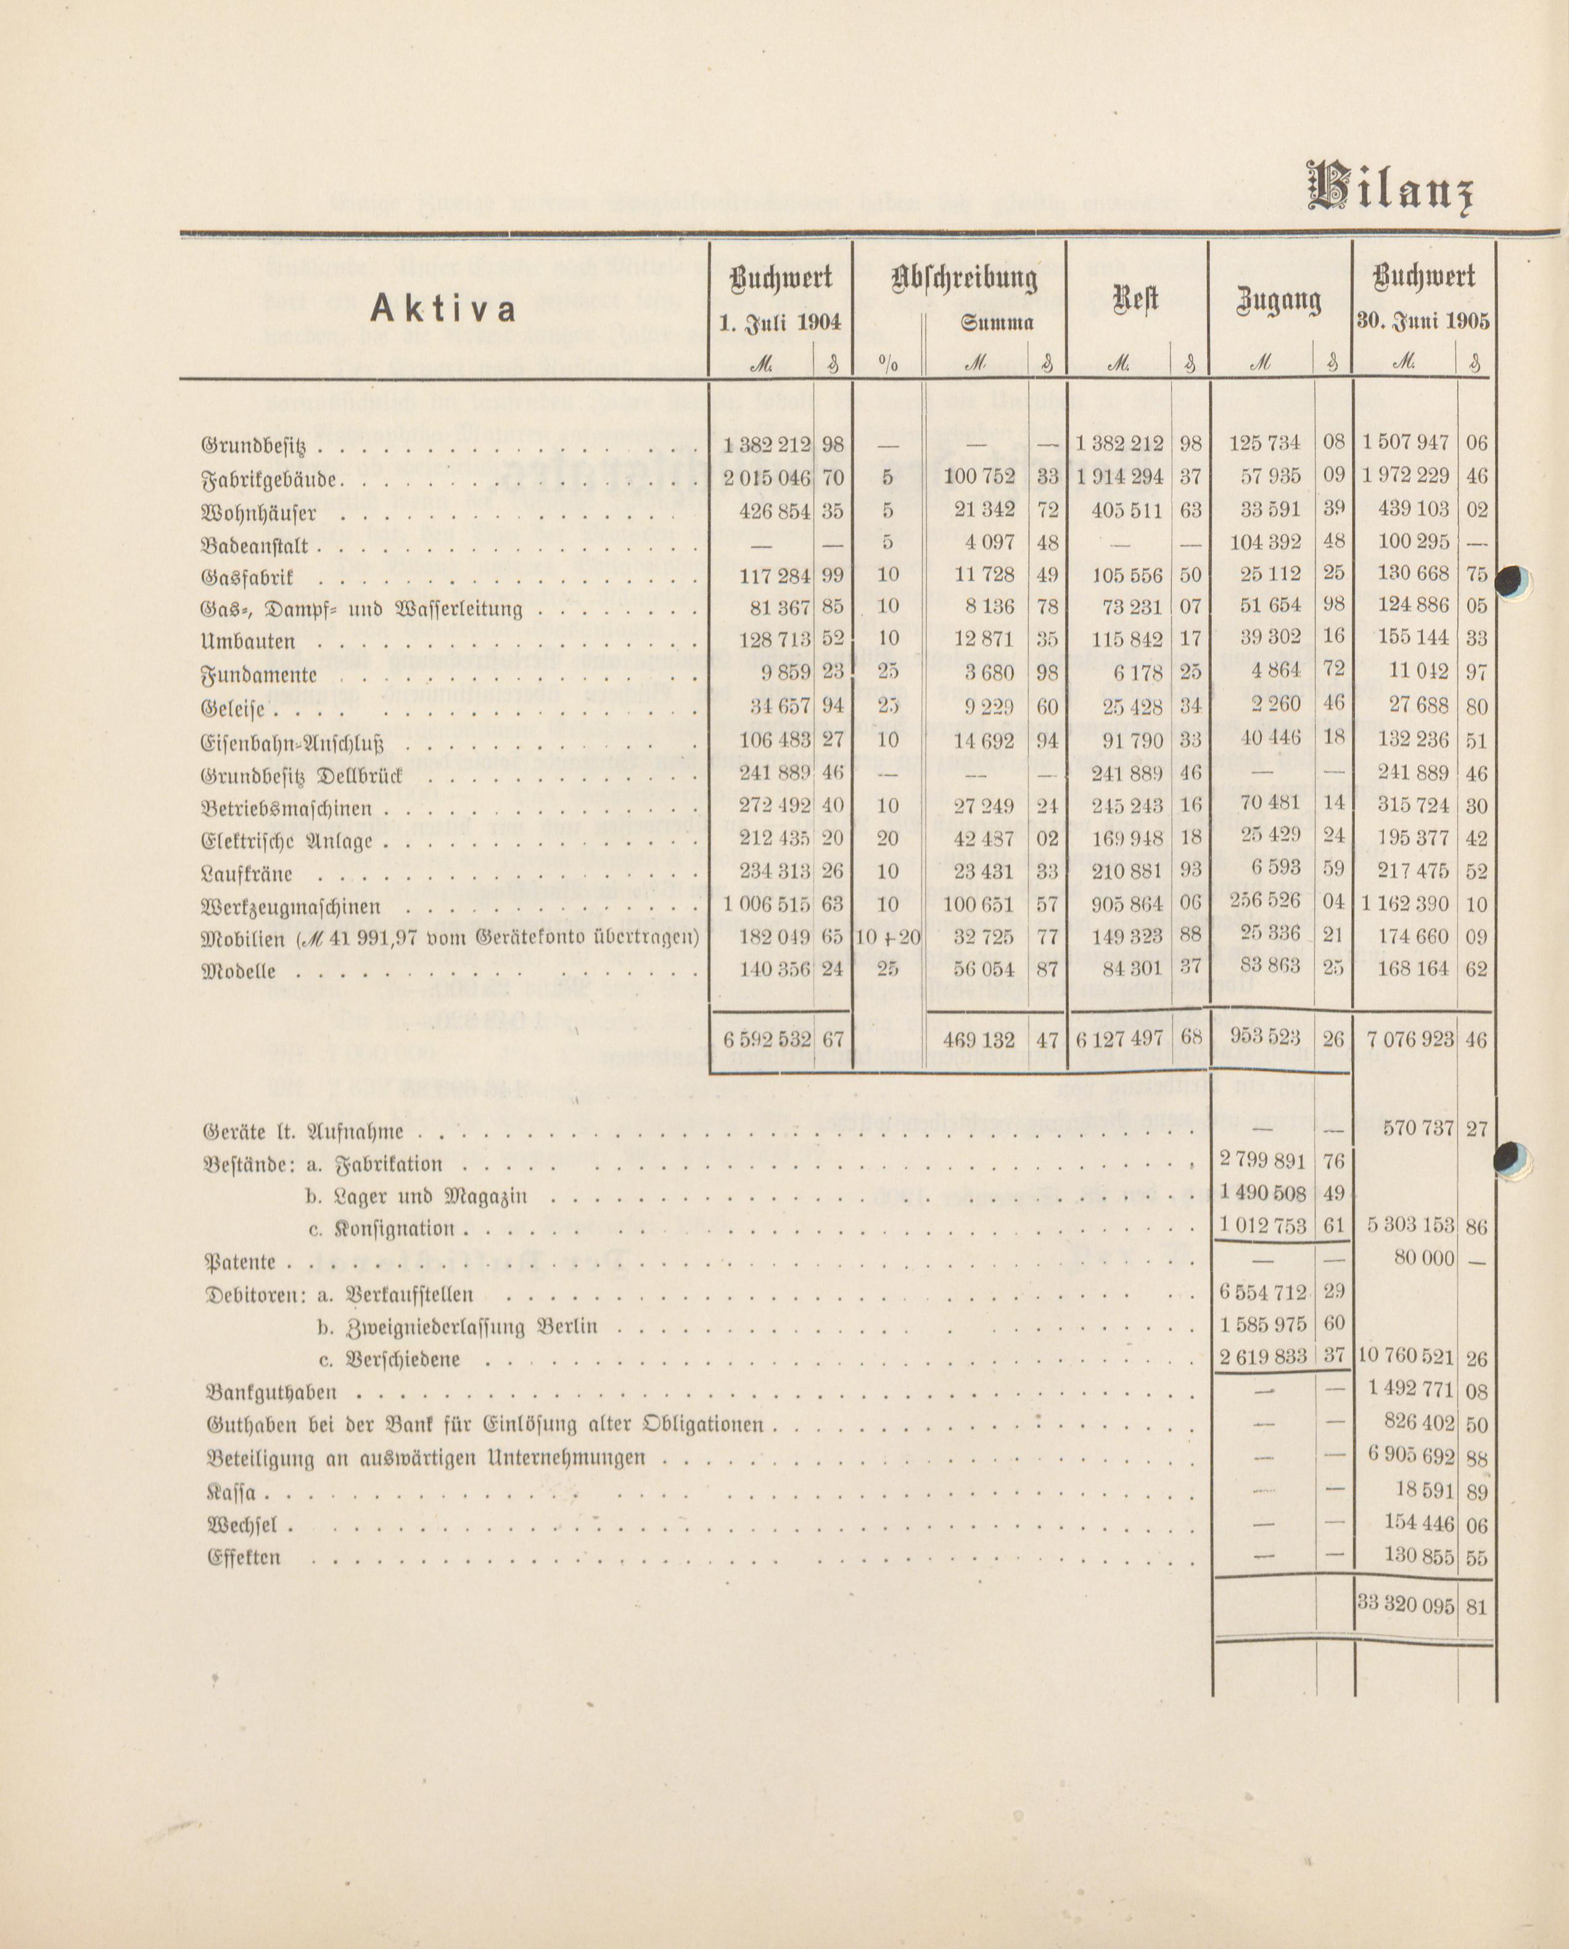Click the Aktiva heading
pyautogui.click(x=442, y=309)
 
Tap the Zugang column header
pyautogui.click(x=1279, y=301)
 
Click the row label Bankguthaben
pyautogui.click(x=272, y=1393)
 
